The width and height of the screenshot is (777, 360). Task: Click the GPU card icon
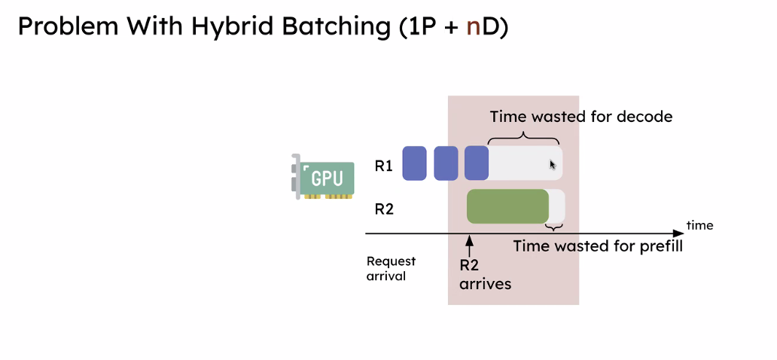point(323,178)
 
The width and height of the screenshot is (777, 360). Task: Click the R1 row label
point(384,165)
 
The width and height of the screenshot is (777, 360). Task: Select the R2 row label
point(384,209)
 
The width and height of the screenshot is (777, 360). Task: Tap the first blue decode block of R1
point(415,163)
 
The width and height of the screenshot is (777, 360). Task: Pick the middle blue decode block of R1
point(446,163)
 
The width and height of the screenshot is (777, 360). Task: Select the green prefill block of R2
point(507,206)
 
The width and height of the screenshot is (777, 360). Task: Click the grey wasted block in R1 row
point(526,163)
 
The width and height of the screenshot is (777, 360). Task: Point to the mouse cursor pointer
point(553,165)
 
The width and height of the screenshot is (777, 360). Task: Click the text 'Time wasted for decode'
point(580,117)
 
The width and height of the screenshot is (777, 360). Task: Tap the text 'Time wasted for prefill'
point(598,246)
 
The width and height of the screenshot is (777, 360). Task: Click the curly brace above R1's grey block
point(524,137)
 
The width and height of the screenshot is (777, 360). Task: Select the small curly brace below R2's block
point(555,227)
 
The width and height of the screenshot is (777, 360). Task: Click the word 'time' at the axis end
point(699,225)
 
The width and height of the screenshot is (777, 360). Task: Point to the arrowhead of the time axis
point(678,234)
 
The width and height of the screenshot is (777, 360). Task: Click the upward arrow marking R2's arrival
point(469,246)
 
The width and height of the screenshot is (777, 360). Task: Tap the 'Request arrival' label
point(391,268)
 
